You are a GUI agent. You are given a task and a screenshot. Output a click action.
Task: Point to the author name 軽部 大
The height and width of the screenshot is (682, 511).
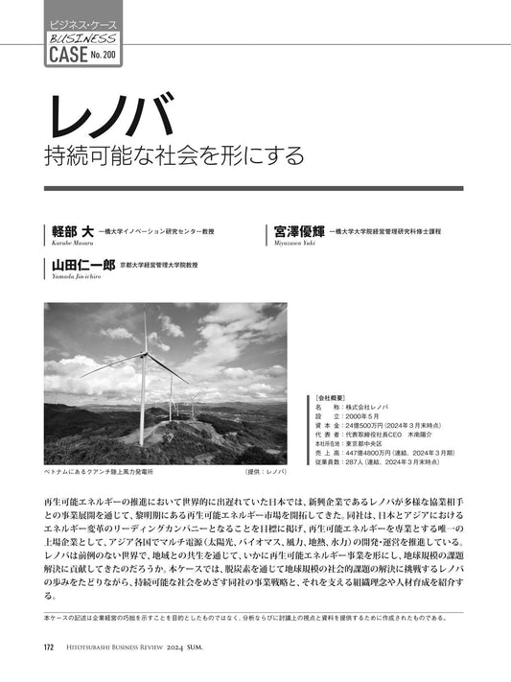72,232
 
